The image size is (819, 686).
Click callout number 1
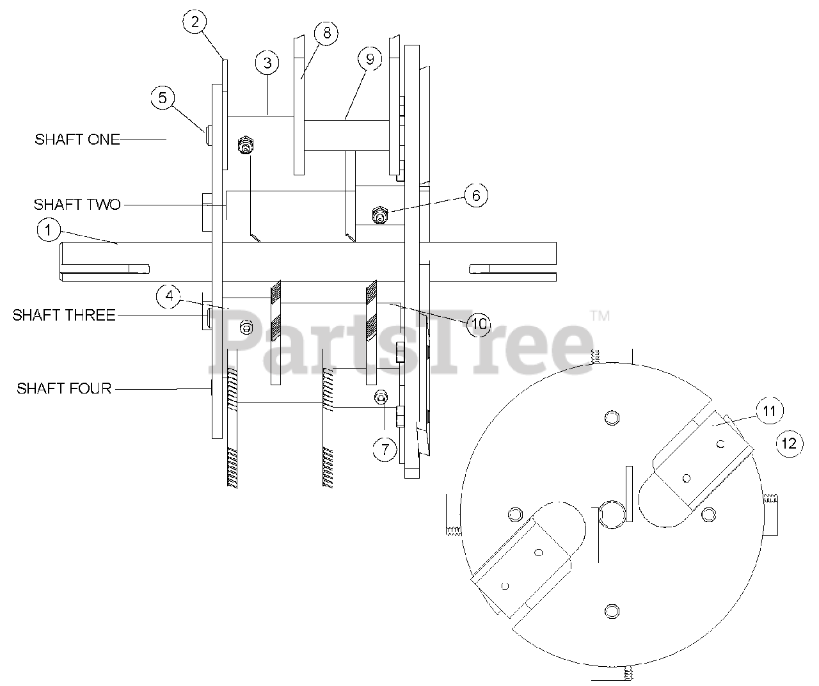(x=49, y=230)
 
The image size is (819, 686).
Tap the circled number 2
(x=195, y=22)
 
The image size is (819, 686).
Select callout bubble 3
(x=267, y=63)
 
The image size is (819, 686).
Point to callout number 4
(x=169, y=296)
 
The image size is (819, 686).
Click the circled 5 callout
(x=163, y=98)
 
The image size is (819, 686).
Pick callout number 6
(x=476, y=195)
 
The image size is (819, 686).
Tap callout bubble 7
(x=385, y=449)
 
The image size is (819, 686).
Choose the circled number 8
(x=326, y=33)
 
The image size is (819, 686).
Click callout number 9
(x=370, y=60)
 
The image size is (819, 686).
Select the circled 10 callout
(x=479, y=324)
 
